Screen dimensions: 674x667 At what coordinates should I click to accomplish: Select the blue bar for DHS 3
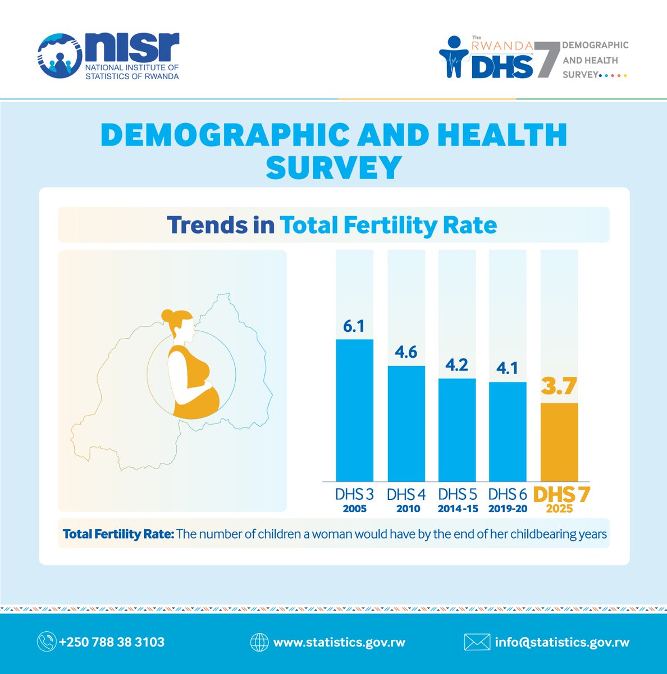click(354, 410)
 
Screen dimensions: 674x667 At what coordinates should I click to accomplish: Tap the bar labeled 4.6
click(406, 423)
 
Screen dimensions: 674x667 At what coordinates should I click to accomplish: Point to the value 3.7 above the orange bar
click(559, 388)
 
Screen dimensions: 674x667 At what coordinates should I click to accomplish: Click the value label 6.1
click(354, 326)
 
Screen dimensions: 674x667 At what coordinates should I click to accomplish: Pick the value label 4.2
click(456, 365)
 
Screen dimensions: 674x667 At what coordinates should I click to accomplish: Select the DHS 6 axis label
click(508, 494)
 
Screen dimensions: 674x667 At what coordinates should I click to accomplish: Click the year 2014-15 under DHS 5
click(458, 509)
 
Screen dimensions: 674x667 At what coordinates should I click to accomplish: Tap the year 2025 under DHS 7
click(559, 509)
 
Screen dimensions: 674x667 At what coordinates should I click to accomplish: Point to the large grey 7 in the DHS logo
click(547, 59)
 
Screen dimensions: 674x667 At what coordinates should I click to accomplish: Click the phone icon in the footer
click(46, 642)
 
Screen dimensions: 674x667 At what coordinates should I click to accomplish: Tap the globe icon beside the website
click(259, 642)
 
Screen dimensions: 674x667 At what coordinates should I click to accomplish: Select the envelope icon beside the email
click(477, 642)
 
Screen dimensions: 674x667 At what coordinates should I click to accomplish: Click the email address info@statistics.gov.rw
click(562, 642)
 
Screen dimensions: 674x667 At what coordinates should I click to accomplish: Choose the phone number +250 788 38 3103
click(112, 642)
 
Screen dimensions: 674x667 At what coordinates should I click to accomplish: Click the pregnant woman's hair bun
click(167, 317)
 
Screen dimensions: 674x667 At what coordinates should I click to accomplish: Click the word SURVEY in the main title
click(333, 167)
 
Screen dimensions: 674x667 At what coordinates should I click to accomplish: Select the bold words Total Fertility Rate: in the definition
click(118, 534)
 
